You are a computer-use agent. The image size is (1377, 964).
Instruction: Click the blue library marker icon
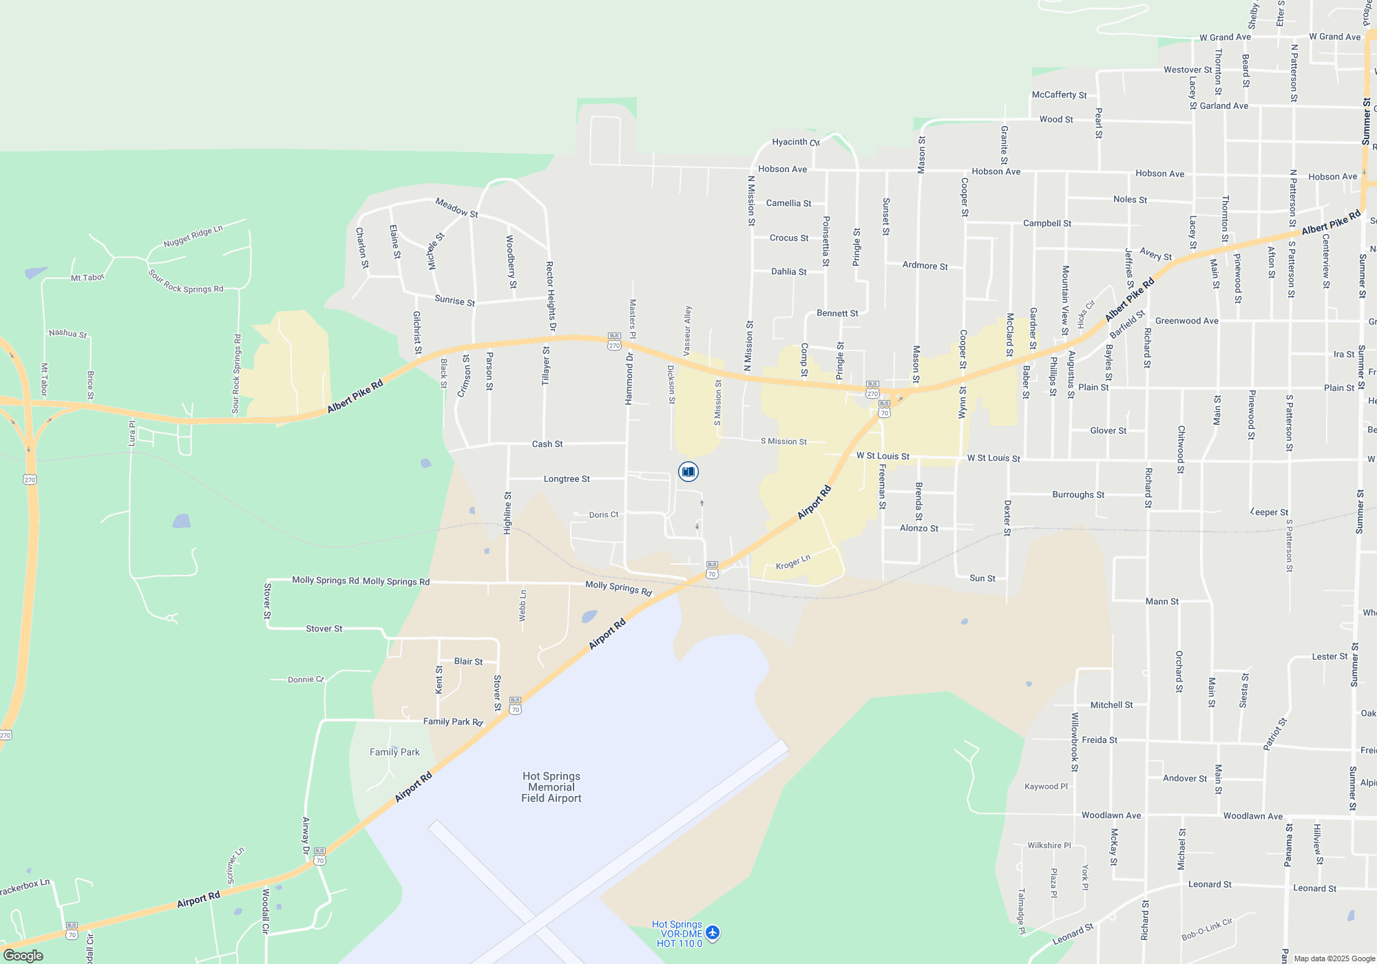[688, 472]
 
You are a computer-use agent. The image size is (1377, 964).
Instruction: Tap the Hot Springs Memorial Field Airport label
[551, 787]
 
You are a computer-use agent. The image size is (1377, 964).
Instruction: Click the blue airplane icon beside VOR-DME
[713, 933]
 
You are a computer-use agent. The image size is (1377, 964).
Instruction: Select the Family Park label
[395, 752]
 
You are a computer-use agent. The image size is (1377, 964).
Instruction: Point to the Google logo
[23, 955]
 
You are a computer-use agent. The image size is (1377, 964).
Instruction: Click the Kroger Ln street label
[793, 562]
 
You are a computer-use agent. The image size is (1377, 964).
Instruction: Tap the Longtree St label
[567, 479]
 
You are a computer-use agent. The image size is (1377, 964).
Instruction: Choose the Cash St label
[547, 444]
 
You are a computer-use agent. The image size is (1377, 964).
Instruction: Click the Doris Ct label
[604, 514]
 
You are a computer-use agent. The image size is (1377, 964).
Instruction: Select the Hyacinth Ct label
[795, 142]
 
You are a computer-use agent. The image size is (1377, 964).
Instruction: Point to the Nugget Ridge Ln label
[193, 236]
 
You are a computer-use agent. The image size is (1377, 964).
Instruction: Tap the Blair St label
[468, 661]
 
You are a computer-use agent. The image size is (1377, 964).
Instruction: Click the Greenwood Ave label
[1186, 321]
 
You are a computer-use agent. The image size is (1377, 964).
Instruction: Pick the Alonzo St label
[918, 528]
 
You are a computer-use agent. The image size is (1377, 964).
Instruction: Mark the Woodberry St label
[511, 262]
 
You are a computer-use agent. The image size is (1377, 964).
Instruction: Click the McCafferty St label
[1059, 95]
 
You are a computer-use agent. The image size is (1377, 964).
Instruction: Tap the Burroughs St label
[1078, 494]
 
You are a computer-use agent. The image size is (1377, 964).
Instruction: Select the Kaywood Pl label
[1046, 786]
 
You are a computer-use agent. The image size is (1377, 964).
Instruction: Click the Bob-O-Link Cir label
[1206, 930]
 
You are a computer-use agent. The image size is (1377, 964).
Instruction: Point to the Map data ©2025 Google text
[1334, 958]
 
